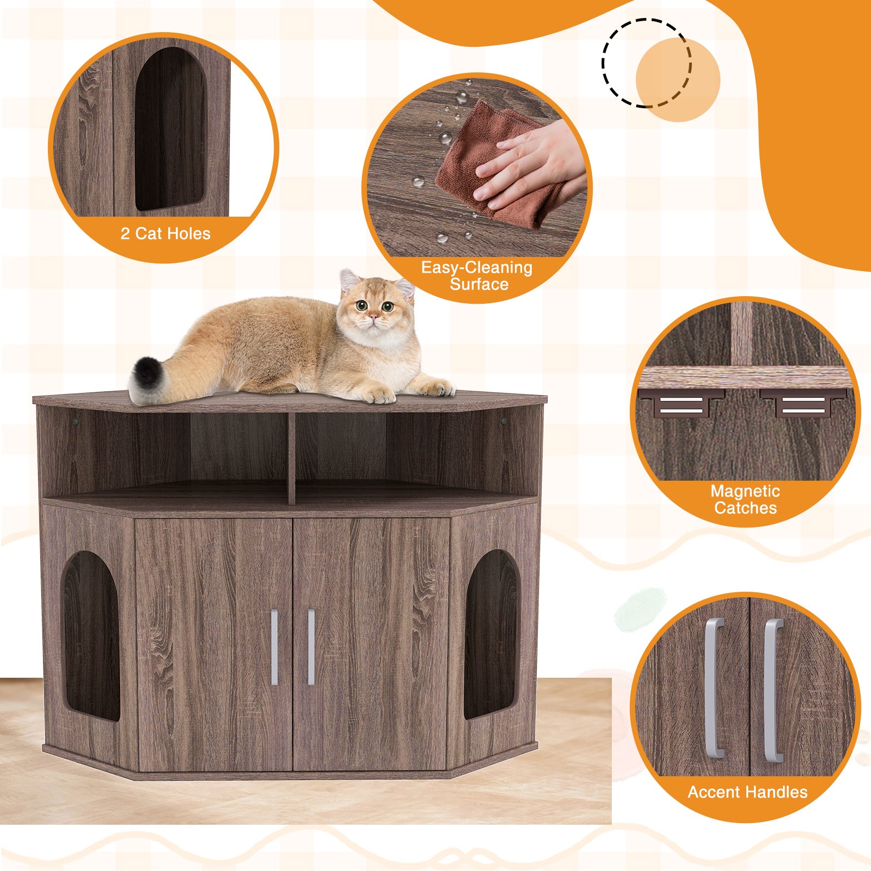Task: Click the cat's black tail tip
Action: click(144, 376)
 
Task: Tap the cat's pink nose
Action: click(374, 316)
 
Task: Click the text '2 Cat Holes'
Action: click(165, 234)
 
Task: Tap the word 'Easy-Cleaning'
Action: click(477, 268)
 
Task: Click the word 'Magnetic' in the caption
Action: click(745, 491)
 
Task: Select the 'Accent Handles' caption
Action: click(747, 792)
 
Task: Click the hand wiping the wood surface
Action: click(531, 163)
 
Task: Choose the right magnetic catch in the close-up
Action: click(803, 403)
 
